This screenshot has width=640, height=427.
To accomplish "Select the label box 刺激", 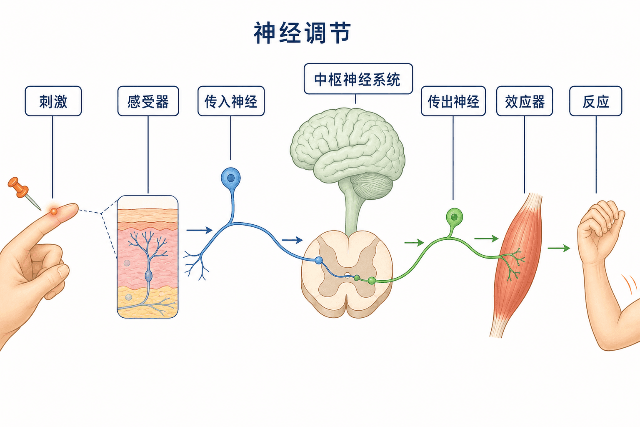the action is point(53,101).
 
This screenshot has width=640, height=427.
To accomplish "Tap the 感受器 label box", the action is point(148,101).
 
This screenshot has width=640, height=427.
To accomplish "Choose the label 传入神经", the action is point(231,101).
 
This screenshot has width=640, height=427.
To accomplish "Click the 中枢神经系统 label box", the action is point(358,79).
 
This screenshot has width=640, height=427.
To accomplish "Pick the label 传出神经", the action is point(453,101).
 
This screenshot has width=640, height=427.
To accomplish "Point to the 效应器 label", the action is point(525,101).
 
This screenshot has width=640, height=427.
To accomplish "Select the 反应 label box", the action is point(596,101).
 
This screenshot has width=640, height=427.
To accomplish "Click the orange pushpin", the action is point(23,192).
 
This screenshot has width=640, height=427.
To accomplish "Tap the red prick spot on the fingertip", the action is point(54,211).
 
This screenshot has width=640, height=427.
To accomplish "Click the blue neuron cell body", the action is point(231,178).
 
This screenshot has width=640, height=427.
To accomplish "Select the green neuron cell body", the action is point(454,217).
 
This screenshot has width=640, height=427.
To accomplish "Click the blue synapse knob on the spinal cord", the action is point(319,260).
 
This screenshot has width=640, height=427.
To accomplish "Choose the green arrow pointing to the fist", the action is point(559,248).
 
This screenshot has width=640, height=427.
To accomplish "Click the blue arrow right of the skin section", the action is point(200,230).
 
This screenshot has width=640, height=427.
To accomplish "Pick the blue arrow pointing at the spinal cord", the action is point(292,240).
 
